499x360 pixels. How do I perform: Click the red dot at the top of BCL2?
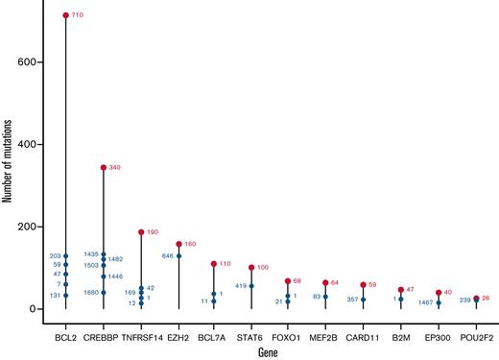pyautogui.click(x=65, y=15)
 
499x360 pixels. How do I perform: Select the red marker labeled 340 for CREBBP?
pyautogui.click(x=104, y=168)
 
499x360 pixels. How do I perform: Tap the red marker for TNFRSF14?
pyautogui.click(x=141, y=231)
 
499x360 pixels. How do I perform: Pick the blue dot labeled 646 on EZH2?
pyautogui.click(x=178, y=256)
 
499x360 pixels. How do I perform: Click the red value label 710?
pyautogui.click(x=80, y=15)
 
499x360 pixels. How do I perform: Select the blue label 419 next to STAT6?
pyautogui.click(x=241, y=285)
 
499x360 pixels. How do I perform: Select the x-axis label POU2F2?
pyautogui.click(x=476, y=337)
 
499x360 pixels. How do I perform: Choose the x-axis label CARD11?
pyautogui.click(x=364, y=337)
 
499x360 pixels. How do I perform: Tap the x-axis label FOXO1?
pyautogui.click(x=289, y=337)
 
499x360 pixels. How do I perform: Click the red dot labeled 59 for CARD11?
pyautogui.click(x=363, y=285)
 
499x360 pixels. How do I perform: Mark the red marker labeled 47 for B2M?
pyautogui.click(x=401, y=290)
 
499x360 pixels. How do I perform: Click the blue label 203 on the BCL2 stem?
pyautogui.click(x=55, y=256)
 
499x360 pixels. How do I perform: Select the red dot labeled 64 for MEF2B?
pyautogui.click(x=326, y=283)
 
